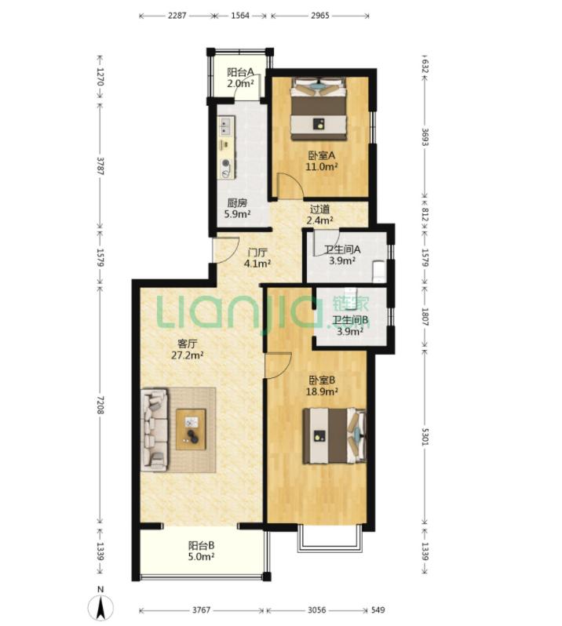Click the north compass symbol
point(101,604)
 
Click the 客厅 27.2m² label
point(188,349)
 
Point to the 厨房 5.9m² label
point(237,209)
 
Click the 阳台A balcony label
point(241,78)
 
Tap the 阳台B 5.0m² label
point(201,551)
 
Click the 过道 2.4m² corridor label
point(320,214)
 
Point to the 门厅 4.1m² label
point(257,258)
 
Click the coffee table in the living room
point(191,429)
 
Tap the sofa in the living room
point(154,430)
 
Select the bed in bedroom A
point(318,109)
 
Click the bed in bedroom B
point(334,435)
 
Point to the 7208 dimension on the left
point(100,405)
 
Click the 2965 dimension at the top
point(320,16)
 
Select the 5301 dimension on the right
point(425,437)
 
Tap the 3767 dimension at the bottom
point(201,610)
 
